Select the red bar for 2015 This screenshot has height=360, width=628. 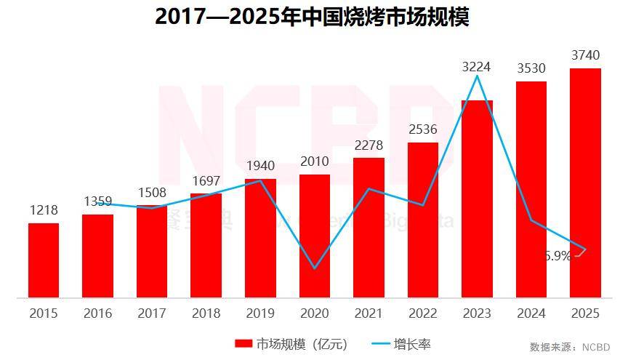[x=44, y=260]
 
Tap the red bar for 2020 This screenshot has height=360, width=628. [x=315, y=236]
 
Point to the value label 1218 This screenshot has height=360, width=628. [x=44, y=210]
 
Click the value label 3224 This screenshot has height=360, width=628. [x=477, y=67]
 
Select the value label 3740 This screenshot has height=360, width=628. [x=586, y=55]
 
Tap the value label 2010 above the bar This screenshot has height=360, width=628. [x=315, y=161]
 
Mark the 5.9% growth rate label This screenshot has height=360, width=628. [x=557, y=256]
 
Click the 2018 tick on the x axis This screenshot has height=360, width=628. [x=206, y=313]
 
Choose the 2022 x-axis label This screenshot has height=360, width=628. [x=422, y=313]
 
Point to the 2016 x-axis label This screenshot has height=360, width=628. [x=97, y=313]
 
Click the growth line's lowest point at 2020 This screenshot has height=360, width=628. [x=315, y=268]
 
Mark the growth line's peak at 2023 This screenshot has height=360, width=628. [x=477, y=76]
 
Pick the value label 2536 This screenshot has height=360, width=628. [x=422, y=130]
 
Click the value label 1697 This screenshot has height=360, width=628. [x=206, y=181]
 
